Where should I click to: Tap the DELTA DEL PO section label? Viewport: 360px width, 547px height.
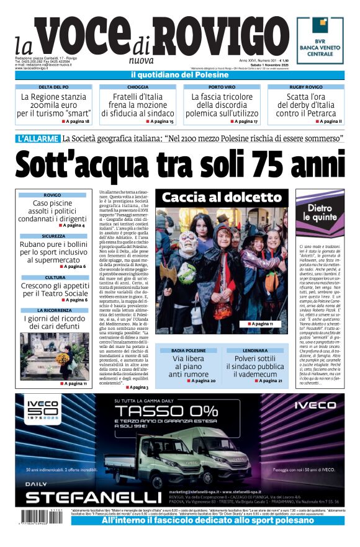[x=53, y=87]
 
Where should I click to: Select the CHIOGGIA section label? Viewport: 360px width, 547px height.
[x=137, y=87]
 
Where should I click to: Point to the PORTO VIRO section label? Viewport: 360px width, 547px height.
[x=222, y=87]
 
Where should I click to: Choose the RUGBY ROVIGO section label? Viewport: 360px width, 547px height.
[x=305, y=87]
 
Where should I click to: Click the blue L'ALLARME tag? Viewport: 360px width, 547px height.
[x=38, y=138]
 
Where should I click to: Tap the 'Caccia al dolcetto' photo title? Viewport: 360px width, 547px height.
[x=222, y=198]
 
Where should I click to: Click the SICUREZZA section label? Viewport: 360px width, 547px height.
[x=53, y=236]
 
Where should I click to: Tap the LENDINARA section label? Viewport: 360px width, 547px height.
[x=254, y=350]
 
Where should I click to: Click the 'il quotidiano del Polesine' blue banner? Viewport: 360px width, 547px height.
[x=179, y=75]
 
